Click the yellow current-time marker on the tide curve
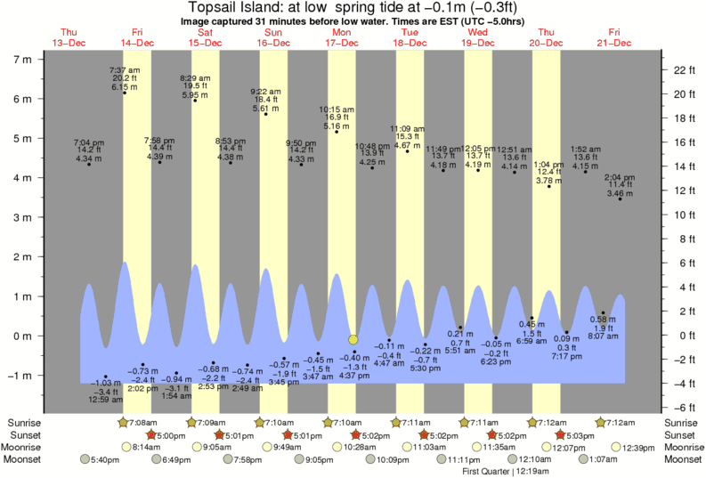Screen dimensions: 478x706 pyautogui.click(x=353, y=339)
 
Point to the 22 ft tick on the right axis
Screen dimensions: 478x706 pyautogui.click(x=679, y=69)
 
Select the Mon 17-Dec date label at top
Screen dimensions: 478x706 pyautogui.click(x=341, y=37)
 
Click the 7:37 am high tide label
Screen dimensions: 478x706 pyautogui.click(x=124, y=69)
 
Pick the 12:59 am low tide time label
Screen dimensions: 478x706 pyautogui.click(x=106, y=400)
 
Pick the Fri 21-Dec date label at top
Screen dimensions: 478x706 pyautogui.click(x=614, y=37)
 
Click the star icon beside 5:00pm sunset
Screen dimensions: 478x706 pyautogui.click(x=151, y=434)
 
